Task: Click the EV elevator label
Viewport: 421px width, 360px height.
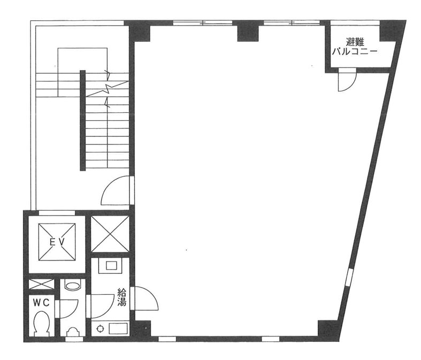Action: tap(57, 242)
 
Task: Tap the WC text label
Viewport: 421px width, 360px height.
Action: tap(41, 303)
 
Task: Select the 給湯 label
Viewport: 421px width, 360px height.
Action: tap(121, 297)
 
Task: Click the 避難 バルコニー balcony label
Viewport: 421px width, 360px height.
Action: tap(355, 47)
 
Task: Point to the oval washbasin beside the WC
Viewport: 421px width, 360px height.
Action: tap(73, 286)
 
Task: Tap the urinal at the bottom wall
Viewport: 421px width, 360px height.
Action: tap(73, 331)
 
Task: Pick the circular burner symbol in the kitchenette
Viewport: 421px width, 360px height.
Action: tap(101, 328)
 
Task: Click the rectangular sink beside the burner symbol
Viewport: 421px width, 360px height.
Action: tap(118, 328)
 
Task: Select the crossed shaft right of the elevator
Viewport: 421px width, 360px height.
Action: tap(110, 234)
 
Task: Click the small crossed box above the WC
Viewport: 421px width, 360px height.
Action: tap(41, 284)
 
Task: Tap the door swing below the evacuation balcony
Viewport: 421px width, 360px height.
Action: tap(347, 80)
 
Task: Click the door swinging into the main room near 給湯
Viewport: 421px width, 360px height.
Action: tap(146, 298)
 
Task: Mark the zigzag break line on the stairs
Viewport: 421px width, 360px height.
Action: tap(108, 89)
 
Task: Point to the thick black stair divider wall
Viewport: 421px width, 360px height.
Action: tap(83, 120)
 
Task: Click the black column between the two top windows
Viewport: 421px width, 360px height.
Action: tap(248, 31)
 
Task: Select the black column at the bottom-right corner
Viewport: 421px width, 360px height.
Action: tap(328, 328)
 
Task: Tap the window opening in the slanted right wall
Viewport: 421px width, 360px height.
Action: tap(349, 277)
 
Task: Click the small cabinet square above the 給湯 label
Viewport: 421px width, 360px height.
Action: tap(111, 266)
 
